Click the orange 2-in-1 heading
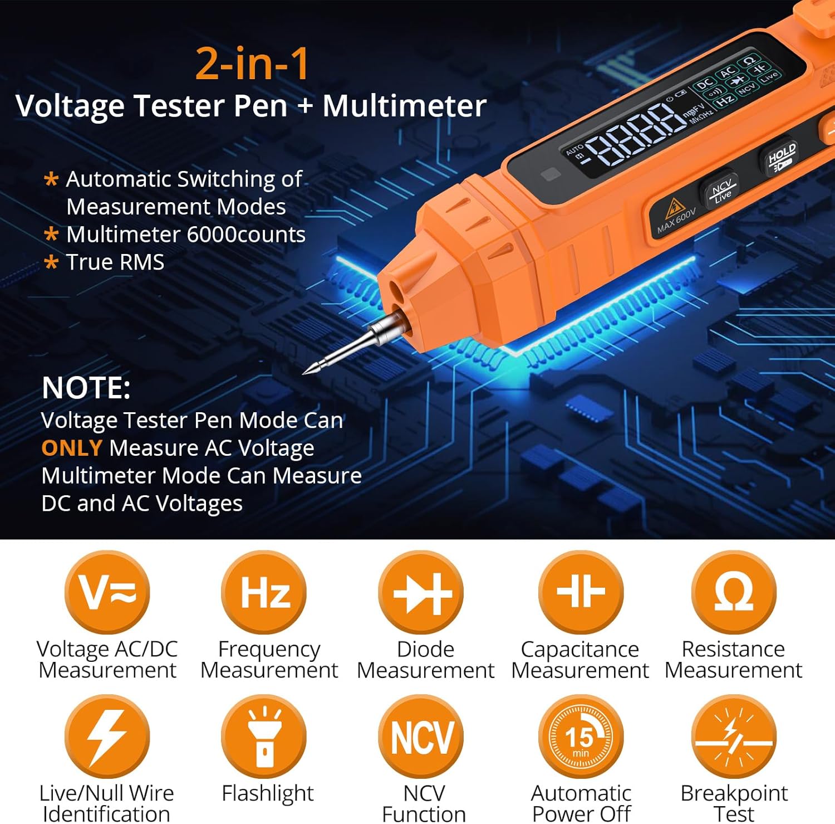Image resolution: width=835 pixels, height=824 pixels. [252, 64]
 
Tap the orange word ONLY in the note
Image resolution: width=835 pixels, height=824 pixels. [71, 448]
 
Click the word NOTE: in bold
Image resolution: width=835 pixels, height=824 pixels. [86, 388]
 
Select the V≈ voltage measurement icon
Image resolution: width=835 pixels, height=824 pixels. [107, 592]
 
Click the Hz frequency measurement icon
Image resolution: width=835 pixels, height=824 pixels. [264, 592]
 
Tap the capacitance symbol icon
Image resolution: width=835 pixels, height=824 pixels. [581, 592]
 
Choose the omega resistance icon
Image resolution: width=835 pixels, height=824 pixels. [734, 592]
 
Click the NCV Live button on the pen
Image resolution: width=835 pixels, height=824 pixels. [721, 191]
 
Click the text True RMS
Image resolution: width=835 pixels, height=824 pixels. [115, 262]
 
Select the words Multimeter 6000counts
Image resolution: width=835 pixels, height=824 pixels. [185, 235]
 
